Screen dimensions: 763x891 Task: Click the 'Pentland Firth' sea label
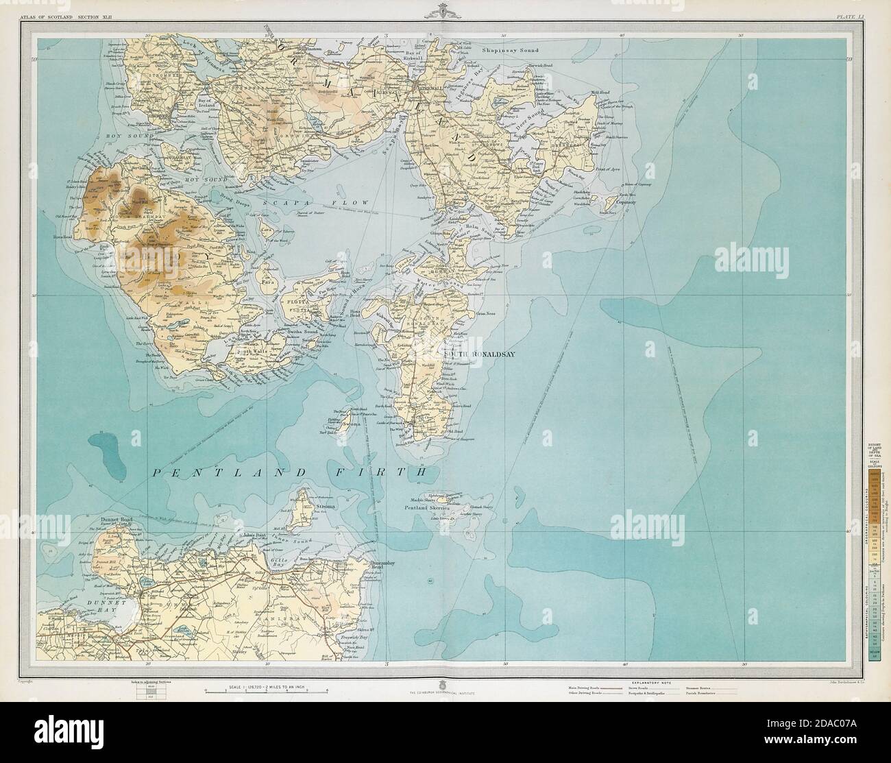(289, 472)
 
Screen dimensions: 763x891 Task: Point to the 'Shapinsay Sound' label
(511, 51)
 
